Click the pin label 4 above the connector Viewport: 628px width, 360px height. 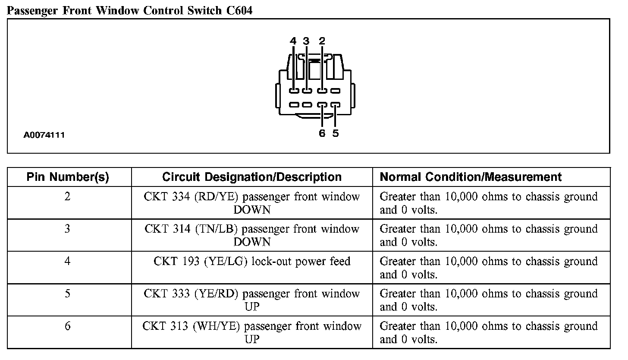[293, 41]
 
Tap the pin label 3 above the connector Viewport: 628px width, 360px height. [306, 41]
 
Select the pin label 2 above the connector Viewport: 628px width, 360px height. [322, 41]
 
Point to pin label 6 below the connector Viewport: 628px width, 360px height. [322, 133]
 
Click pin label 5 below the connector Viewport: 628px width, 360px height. [336, 133]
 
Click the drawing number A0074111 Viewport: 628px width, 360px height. [44, 135]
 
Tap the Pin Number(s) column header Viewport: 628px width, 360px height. [68, 177]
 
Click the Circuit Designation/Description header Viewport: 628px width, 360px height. [252, 177]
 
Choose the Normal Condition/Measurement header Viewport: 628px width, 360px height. [471, 177]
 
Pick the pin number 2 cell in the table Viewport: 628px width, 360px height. [67, 196]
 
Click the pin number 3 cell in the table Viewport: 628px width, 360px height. [67, 229]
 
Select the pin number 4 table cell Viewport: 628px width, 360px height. [67, 261]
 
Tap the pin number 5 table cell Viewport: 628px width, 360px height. [67, 294]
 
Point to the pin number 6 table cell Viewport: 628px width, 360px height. [67, 326]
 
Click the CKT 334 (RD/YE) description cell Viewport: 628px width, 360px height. [252, 203]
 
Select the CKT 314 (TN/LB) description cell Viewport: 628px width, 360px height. [252, 235]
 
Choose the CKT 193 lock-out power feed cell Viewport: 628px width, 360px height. [252, 262]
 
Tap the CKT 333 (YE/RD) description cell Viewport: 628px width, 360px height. [252, 300]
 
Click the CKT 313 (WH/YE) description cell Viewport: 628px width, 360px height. [252, 332]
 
